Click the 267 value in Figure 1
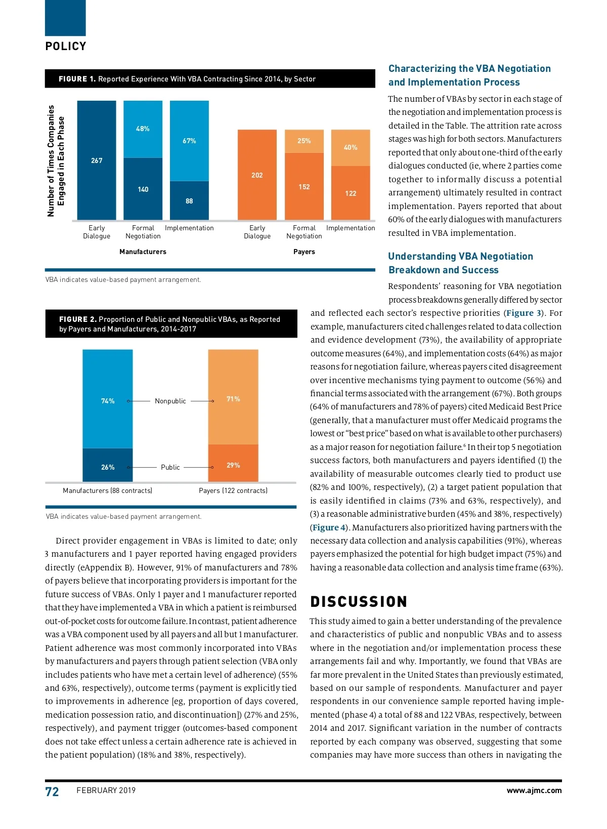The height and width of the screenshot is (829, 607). [x=97, y=160]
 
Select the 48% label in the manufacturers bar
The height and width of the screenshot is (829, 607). [x=143, y=129]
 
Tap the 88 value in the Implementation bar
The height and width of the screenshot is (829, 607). [x=189, y=201]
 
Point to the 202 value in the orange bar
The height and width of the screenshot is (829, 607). [x=257, y=175]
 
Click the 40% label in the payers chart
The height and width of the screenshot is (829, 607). [x=351, y=147]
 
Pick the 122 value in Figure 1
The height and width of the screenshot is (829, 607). [x=351, y=193]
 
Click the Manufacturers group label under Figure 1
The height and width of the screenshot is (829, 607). [x=143, y=252]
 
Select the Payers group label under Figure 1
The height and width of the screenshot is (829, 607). [x=304, y=252]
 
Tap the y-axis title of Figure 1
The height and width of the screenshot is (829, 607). [x=56, y=161]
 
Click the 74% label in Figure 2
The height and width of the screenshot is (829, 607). [x=108, y=401]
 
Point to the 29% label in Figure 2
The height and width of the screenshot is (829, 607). [x=233, y=465]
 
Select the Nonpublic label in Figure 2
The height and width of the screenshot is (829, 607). [x=170, y=401]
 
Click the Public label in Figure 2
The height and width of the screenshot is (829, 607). [x=170, y=467]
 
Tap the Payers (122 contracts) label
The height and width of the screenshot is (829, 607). [x=233, y=490]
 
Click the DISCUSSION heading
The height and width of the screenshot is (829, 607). [x=359, y=602]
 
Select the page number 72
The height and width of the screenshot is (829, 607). [x=52, y=792]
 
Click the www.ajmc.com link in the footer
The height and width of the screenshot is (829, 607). [x=534, y=791]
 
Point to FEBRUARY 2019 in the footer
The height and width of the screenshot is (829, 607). [x=106, y=791]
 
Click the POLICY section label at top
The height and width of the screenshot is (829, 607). [x=66, y=47]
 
